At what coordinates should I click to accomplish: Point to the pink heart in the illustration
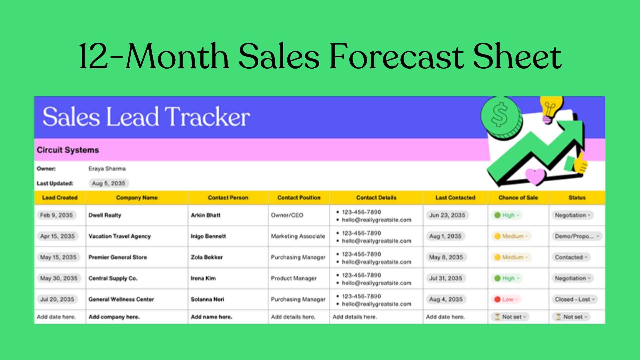[x=535, y=176]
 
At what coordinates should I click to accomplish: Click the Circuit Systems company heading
[x=68, y=150]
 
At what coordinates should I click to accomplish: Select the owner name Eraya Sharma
[x=107, y=169]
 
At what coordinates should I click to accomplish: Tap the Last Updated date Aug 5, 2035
[x=109, y=183]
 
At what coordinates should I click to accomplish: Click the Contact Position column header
[x=299, y=198]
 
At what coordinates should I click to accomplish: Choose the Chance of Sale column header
[x=518, y=198]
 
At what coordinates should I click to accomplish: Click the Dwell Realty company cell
[x=105, y=215]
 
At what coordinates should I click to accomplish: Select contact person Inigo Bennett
[x=208, y=236]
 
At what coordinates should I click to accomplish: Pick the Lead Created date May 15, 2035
[x=58, y=257]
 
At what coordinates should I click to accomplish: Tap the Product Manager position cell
[x=294, y=278]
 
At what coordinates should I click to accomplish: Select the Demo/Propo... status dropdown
[x=577, y=236]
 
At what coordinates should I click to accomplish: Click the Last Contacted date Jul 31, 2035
[x=445, y=278]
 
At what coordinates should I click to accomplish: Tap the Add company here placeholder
[x=114, y=317]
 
